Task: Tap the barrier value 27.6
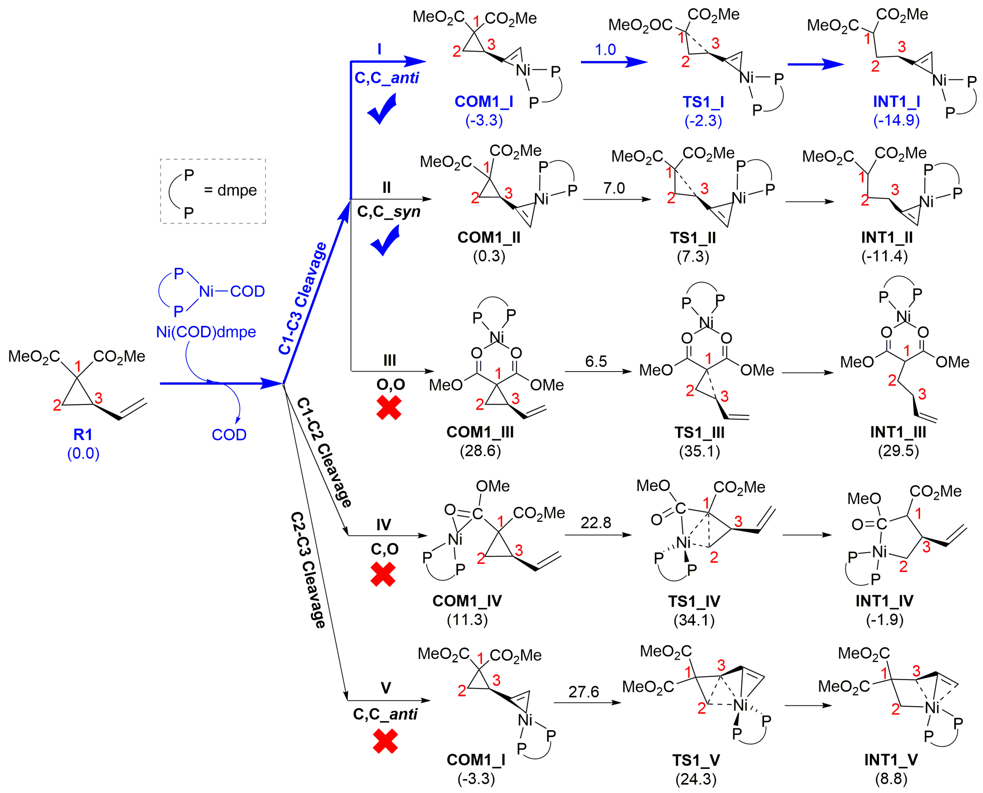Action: point(583,691)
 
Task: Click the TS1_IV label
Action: point(694,601)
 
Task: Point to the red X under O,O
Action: point(389,408)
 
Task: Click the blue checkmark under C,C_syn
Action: point(385,241)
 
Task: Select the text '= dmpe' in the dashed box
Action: point(230,190)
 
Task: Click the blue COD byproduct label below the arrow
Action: point(229,434)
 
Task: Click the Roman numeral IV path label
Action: point(384,525)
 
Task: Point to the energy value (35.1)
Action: point(699,451)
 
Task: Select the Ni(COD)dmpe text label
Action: point(206,332)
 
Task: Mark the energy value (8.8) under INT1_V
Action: point(891,778)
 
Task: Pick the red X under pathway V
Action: point(385,741)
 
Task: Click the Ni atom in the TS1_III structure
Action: point(706,323)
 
